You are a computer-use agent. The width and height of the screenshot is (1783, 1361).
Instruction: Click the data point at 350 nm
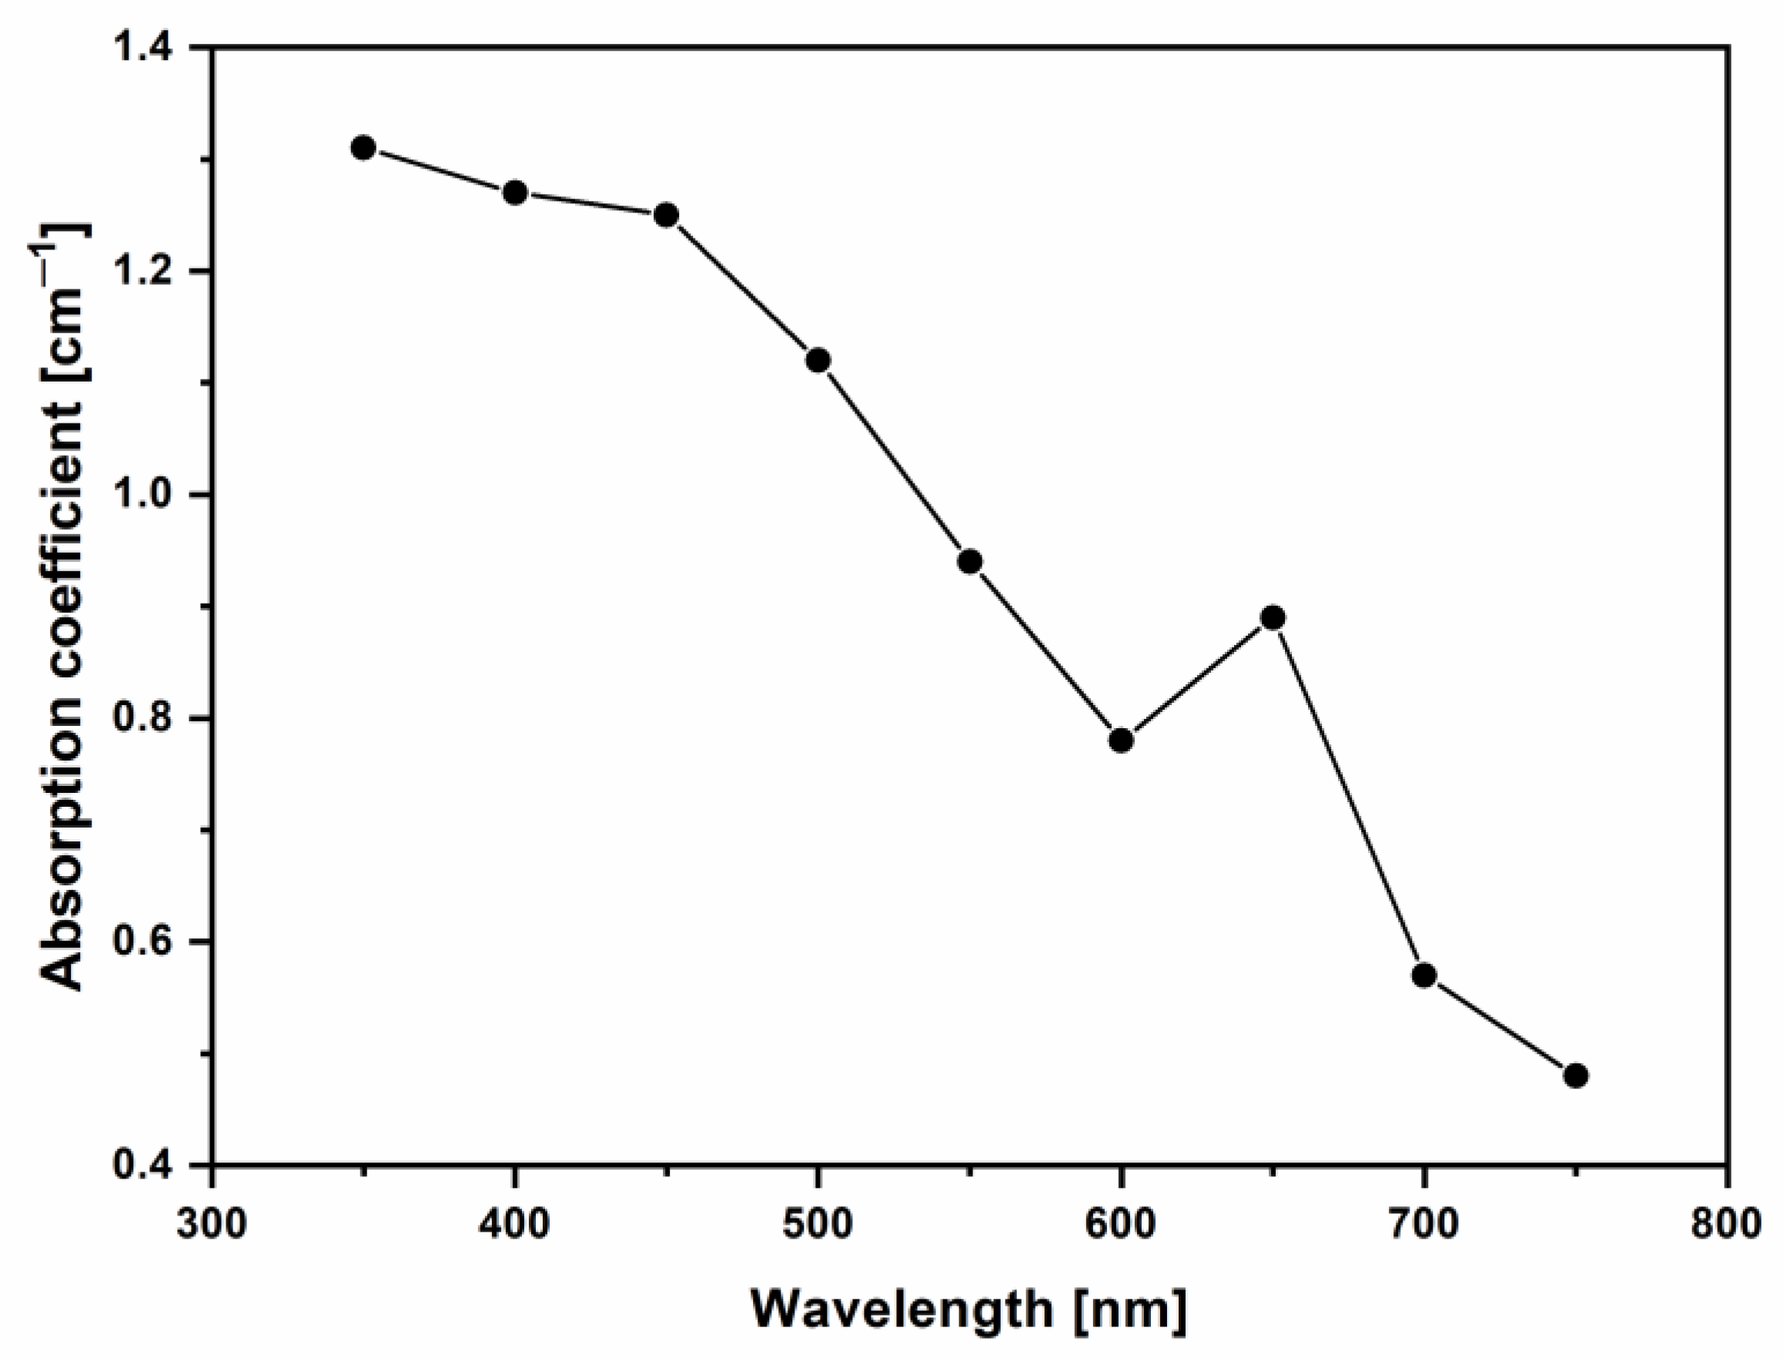(363, 148)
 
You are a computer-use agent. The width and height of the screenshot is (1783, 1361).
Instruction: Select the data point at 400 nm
(515, 192)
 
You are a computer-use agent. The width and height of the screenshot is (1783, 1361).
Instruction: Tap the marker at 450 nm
(666, 215)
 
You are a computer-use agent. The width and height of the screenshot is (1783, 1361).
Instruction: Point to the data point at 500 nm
(818, 360)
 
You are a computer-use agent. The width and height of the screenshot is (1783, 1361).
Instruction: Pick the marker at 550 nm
(970, 561)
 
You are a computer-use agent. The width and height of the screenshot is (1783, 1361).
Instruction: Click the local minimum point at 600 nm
(1121, 741)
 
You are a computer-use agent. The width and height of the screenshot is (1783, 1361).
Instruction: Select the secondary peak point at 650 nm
(1273, 618)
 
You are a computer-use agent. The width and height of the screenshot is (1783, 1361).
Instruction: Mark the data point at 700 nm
(1424, 975)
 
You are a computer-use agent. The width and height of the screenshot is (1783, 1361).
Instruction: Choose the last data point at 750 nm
(1576, 1076)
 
